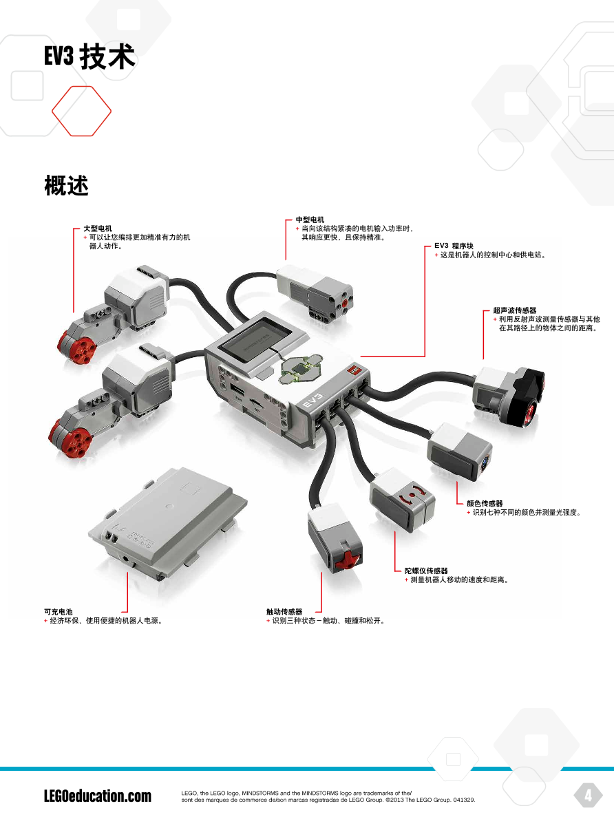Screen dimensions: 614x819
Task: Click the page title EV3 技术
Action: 90,56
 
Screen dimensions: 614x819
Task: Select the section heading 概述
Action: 66,185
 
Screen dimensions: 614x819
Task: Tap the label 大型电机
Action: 98,228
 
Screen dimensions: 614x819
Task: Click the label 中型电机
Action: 310,220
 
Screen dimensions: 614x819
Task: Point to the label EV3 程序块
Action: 454,246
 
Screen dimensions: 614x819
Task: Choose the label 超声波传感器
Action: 514,310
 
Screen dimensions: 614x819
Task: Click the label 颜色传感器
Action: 485,504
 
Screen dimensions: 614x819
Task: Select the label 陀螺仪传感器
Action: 426,571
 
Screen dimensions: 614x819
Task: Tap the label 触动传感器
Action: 284,612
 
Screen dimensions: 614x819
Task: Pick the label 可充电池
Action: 59,612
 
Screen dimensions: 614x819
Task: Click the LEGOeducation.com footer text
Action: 98,796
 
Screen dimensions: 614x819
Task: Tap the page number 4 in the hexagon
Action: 589,796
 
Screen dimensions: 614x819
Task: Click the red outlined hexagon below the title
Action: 81,111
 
